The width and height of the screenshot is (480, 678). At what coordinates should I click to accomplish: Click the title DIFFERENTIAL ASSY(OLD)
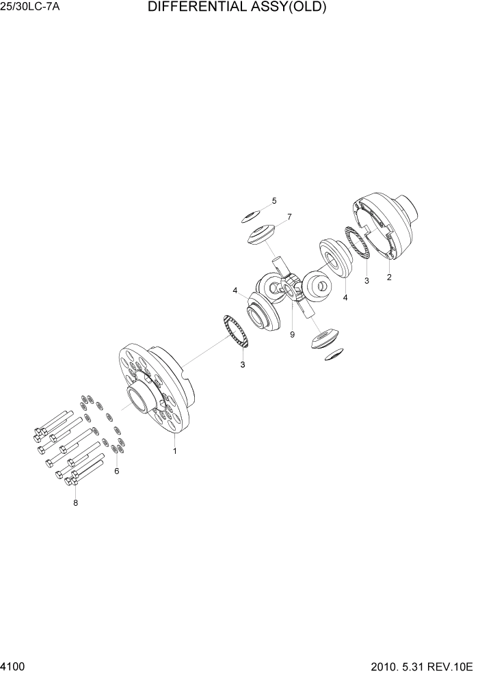[237, 8]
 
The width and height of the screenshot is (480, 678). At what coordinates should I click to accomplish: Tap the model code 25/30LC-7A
[31, 8]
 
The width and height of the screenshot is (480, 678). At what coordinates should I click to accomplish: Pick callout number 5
[274, 201]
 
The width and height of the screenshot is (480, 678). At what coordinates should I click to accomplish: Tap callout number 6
[116, 471]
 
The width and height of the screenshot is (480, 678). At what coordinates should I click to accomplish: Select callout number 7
[289, 217]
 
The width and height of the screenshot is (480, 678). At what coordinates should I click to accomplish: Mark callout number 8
[75, 503]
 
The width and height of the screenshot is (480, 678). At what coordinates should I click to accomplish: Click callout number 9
[292, 335]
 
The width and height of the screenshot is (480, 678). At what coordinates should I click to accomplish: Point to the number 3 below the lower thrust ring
[242, 364]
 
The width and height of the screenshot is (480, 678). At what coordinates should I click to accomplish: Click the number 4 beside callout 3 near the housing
[345, 297]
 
